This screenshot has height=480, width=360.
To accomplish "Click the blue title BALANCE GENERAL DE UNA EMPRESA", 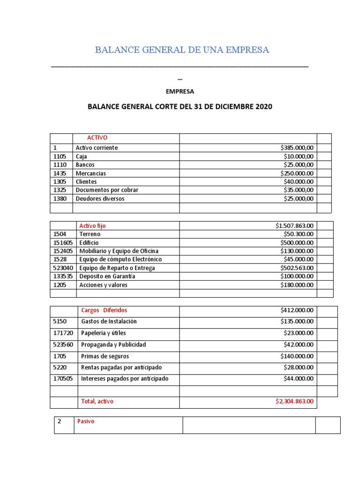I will (x=182, y=50).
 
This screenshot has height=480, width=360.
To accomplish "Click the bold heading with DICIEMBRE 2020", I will (x=180, y=106).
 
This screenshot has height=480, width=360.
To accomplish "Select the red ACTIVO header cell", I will (x=97, y=138).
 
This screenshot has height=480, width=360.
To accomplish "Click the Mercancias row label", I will (x=91, y=173).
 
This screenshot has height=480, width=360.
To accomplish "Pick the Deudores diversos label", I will (x=100, y=199).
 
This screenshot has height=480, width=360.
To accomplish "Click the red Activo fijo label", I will (x=92, y=225).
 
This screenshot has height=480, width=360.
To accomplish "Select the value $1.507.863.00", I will (x=295, y=225).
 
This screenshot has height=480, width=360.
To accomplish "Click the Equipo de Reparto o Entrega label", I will (x=117, y=268).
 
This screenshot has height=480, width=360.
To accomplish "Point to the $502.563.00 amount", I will (x=297, y=268).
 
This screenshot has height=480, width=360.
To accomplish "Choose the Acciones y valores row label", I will (x=103, y=285).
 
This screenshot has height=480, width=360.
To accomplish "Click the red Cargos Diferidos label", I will (x=104, y=310).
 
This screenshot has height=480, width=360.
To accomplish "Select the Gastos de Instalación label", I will (x=109, y=322).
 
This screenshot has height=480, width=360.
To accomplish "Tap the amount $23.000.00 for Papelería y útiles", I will (x=299, y=333).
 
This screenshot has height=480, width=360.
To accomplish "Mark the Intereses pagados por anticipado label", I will (x=124, y=379).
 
